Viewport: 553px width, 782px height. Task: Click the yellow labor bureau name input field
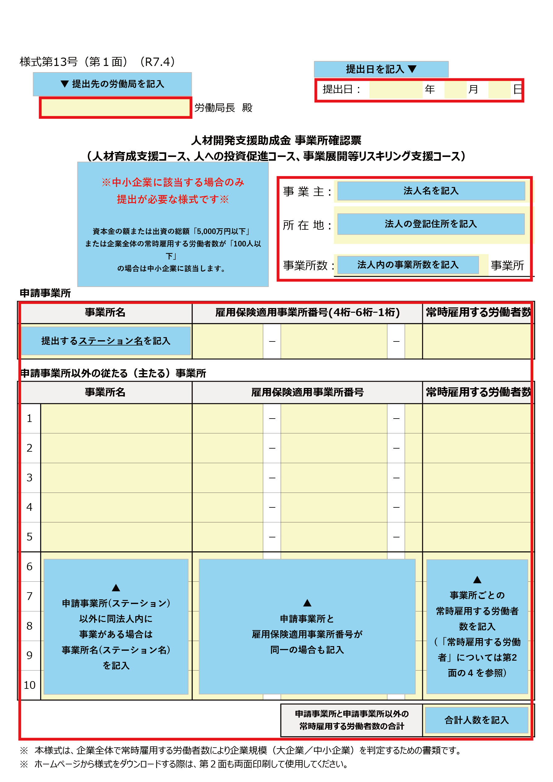[115, 108]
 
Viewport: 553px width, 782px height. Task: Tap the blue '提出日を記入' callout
[381, 69]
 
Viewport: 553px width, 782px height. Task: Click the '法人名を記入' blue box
[431, 191]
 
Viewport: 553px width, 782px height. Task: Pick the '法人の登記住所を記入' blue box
[431, 224]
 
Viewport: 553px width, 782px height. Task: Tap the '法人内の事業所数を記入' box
[407, 265]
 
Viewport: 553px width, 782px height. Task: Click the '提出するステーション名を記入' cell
[106, 341]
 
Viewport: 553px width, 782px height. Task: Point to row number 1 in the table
[30, 418]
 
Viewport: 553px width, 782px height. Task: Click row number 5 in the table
[30, 537]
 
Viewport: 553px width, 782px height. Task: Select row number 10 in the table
[30, 685]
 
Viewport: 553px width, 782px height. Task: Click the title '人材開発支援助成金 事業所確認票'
[276, 140]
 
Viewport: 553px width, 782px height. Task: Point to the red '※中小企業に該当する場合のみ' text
[173, 183]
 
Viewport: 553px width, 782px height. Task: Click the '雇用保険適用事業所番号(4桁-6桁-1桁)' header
[307, 312]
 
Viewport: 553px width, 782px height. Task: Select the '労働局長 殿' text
[223, 108]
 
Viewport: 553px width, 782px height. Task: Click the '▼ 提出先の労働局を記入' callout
[112, 84]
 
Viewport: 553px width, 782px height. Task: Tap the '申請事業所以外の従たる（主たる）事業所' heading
[113, 373]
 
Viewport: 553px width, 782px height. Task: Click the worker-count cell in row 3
[476, 477]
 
